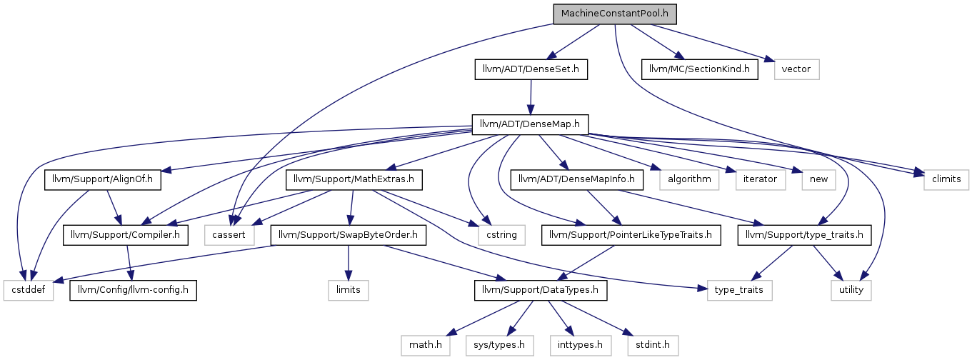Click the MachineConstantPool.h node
[614, 14]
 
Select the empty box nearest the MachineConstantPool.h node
[796, 69]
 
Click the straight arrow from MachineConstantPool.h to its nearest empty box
[714, 42]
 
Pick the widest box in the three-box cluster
[688, 180]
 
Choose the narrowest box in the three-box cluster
[818, 180]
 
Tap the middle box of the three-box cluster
[761, 180]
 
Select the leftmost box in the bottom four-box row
[426, 346]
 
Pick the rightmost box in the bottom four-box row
[653, 346]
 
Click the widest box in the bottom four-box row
[500, 346]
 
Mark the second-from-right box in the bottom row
[581, 346]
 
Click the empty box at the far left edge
[29, 291]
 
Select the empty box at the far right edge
[946, 180]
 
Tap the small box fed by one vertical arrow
[348, 291]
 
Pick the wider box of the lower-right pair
[740, 291]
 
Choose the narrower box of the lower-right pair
[851, 291]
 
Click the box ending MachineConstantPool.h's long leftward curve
[229, 235]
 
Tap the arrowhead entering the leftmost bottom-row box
[451, 333]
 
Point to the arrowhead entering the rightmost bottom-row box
[628, 333]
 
